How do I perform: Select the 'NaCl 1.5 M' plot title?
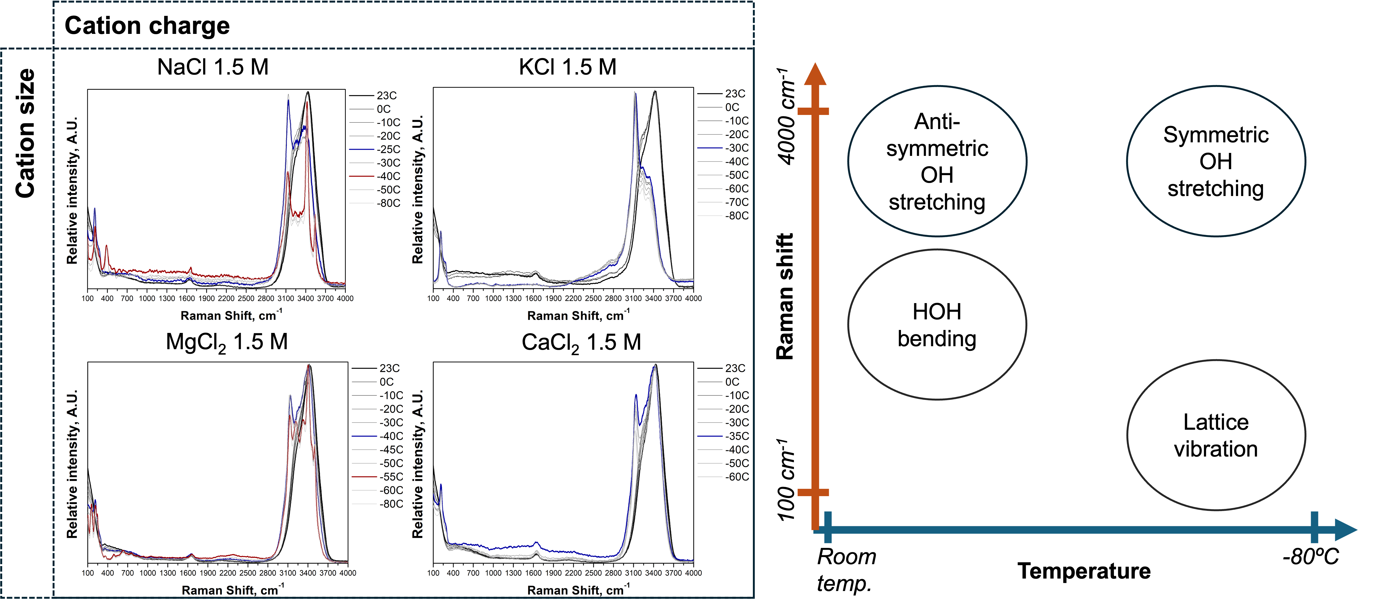[213, 67]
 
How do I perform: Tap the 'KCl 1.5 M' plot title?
[568, 67]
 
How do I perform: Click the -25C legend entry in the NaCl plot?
[388, 149]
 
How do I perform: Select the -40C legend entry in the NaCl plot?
[388, 176]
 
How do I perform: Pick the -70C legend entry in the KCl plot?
[737, 202]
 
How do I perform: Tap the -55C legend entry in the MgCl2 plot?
[391, 477]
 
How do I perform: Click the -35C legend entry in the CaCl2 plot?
[737, 436]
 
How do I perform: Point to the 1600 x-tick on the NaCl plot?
[187, 298]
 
